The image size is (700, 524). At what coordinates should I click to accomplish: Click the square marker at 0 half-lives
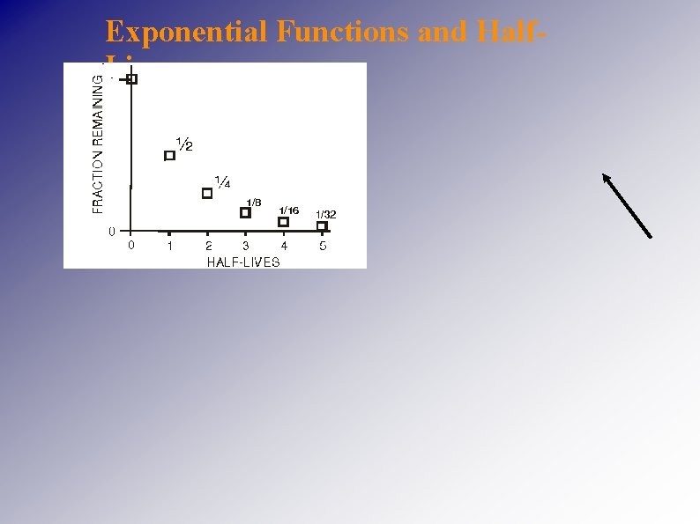(x=132, y=79)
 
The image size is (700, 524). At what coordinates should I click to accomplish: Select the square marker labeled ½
(x=170, y=156)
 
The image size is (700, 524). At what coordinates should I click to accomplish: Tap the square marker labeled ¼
(x=207, y=194)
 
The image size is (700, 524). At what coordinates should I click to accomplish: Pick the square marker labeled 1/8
(x=245, y=212)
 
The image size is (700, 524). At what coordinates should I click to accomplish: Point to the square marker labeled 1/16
(x=283, y=222)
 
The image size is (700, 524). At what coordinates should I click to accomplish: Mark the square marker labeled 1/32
(x=322, y=226)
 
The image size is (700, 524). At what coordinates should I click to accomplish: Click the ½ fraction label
(x=185, y=144)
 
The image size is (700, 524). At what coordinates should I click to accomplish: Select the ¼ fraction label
(x=223, y=182)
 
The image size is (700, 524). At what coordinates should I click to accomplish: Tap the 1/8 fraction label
(x=254, y=203)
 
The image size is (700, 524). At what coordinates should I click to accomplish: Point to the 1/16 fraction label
(x=289, y=210)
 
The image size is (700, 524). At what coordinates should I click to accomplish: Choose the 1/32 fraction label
(x=326, y=215)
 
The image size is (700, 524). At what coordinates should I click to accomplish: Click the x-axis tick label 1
(x=170, y=247)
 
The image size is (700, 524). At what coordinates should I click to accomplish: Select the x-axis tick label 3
(x=246, y=247)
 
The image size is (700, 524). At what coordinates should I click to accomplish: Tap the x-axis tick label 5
(x=323, y=247)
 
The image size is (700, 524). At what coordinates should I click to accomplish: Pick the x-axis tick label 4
(x=284, y=247)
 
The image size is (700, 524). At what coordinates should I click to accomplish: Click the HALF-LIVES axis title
(x=243, y=262)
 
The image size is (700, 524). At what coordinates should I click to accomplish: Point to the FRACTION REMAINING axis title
(x=98, y=143)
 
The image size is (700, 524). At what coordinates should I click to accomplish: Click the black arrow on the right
(x=627, y=205)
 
